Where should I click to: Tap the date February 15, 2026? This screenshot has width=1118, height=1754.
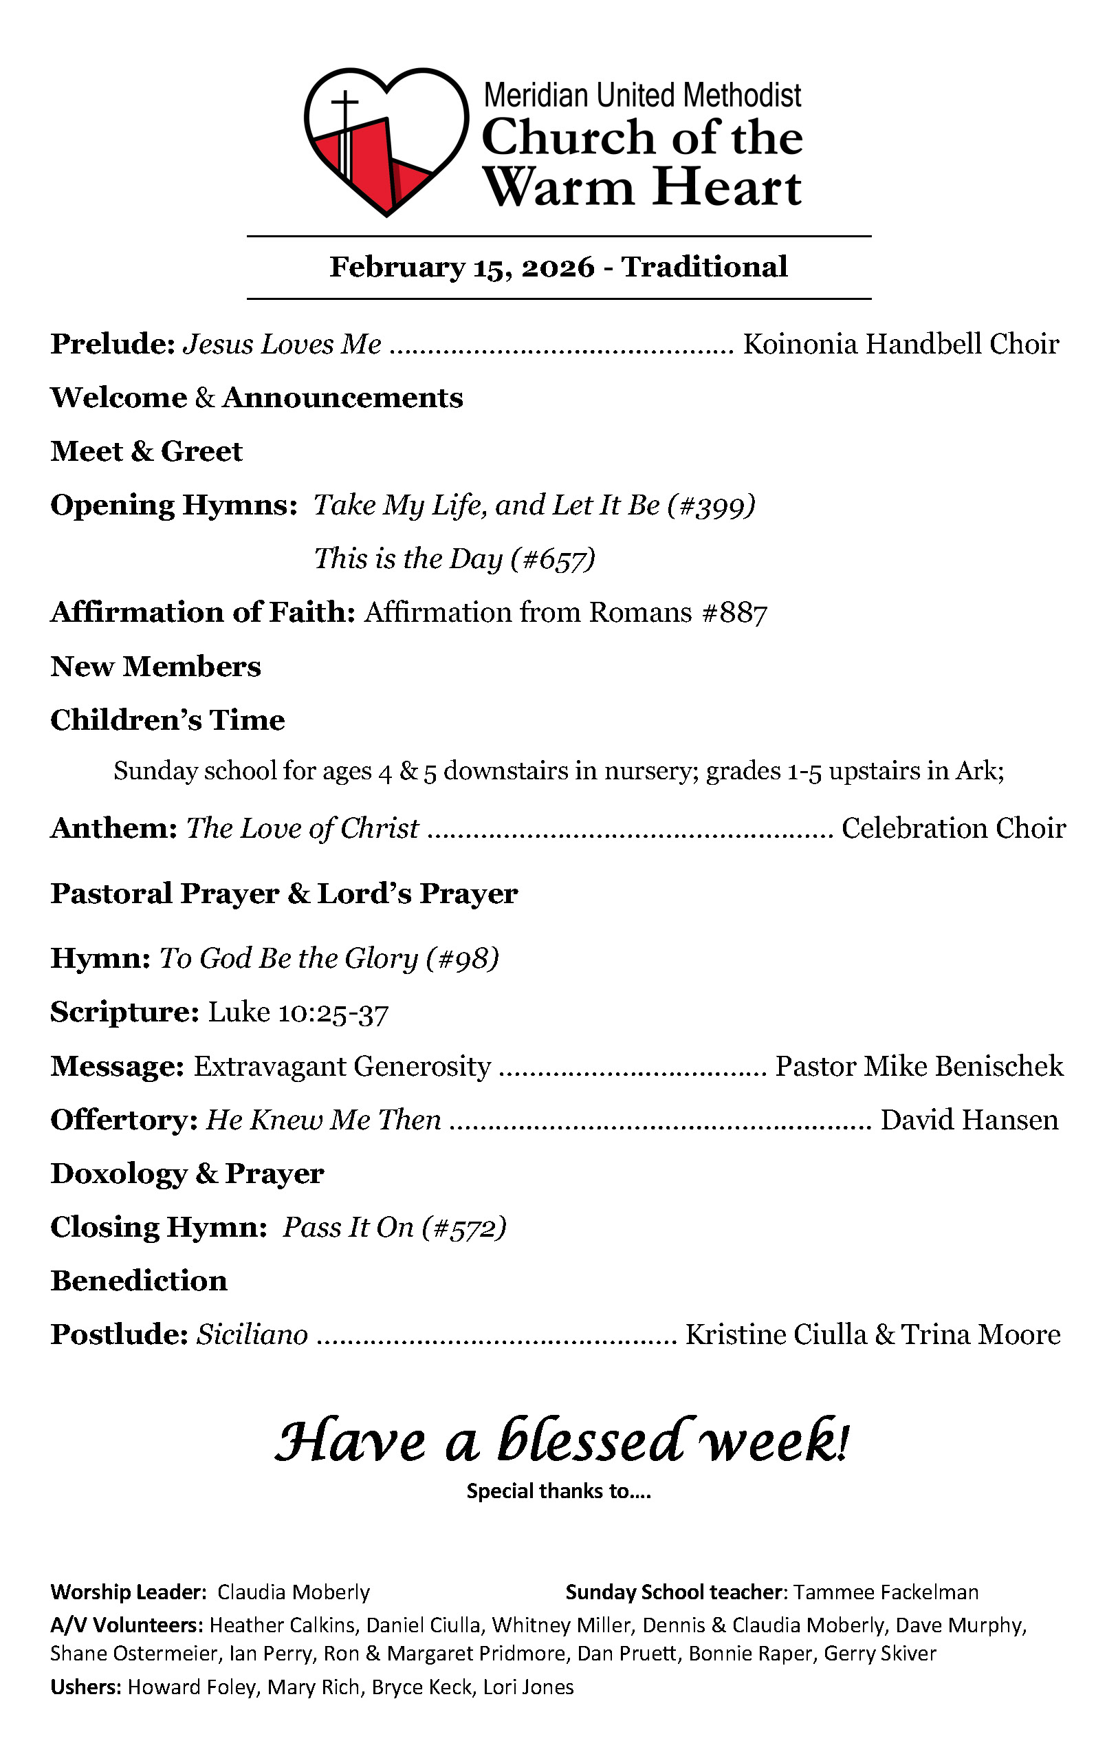pos(462,268)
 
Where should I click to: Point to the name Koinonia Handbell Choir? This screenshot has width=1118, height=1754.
pos(900,344)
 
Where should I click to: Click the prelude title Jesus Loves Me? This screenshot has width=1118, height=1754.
pos(282,344)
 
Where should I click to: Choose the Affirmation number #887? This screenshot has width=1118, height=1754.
pos(734,614)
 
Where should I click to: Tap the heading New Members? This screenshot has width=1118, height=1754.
pos(155,667)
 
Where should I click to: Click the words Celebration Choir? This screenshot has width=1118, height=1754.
pos(954,829)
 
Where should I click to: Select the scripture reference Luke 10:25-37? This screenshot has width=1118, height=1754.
pos(298,1013)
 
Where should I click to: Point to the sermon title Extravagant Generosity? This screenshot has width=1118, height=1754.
pos(342,1066)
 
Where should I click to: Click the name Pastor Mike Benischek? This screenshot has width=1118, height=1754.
pos(919,1066)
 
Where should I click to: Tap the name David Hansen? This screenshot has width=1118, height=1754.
pos(969,1120)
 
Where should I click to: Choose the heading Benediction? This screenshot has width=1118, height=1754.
pos(138,1281)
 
